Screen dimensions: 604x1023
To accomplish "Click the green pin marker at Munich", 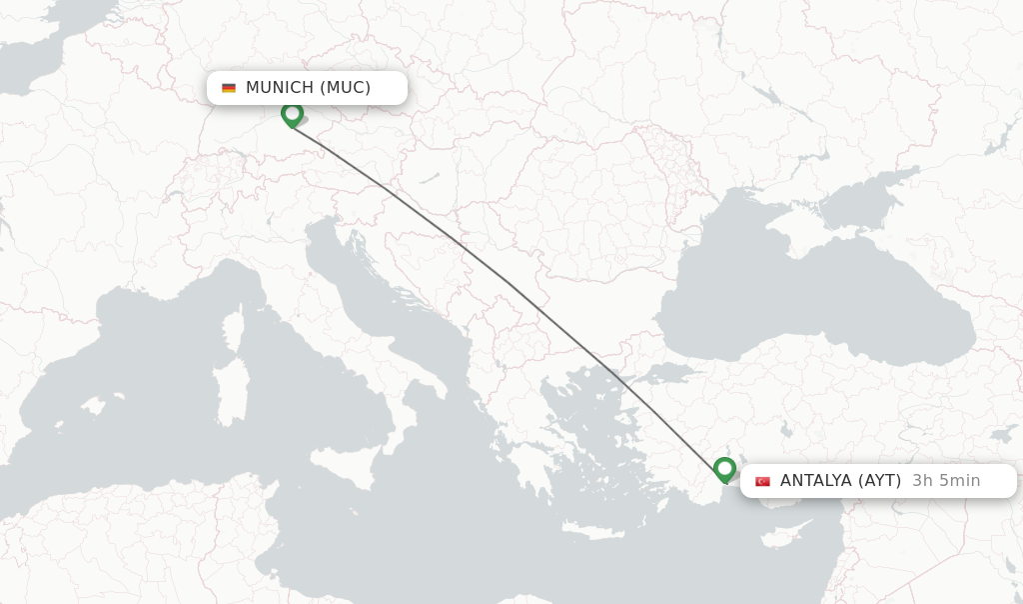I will point(292,114).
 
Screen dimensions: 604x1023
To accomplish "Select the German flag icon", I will point(229,88).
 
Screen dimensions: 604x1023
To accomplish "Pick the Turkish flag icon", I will point(762,481).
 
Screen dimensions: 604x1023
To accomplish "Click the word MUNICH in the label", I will point(280,88).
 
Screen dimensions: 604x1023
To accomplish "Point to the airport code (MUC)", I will point(346,88).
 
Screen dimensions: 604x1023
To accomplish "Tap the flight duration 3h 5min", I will point(946,481).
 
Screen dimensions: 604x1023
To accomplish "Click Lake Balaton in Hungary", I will point(430,179).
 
